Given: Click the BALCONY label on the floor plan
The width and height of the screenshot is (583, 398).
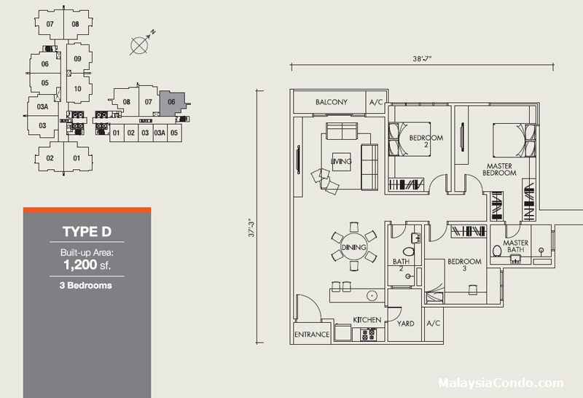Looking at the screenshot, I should point(332,102).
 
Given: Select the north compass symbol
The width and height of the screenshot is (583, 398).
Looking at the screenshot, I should point(141,44).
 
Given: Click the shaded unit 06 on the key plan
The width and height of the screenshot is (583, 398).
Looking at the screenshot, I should point(172,104).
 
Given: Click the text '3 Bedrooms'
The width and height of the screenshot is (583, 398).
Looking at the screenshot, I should point(86,286).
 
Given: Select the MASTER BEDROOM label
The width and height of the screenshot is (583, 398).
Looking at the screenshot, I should point(501,170).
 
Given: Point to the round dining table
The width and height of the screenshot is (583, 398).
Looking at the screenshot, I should point(353,248).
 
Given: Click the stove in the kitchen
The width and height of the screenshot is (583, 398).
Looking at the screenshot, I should point(367,334).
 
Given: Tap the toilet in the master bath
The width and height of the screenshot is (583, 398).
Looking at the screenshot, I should point(498,251).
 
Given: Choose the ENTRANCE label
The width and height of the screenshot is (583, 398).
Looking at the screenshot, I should point(312,335).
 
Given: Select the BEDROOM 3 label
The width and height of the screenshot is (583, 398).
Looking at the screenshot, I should point(464,265).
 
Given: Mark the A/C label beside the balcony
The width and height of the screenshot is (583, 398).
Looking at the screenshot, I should point(376,102).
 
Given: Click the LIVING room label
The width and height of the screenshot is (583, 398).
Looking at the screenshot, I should point(341,161).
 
